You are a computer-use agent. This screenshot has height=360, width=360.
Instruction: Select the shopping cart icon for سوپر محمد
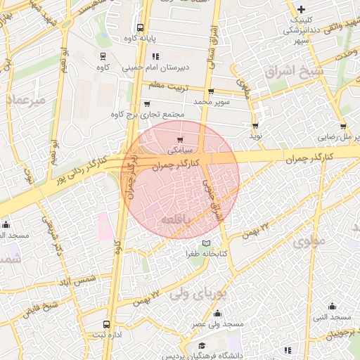pos(211,91)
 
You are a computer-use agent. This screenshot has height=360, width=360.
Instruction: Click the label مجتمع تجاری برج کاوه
pos(148,115)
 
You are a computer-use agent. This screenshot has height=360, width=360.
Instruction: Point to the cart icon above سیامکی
pos(181,139)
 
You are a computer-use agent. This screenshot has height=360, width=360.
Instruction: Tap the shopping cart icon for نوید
pos(255,126)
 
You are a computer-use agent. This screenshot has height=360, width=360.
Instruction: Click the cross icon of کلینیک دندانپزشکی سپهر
pos(302,9)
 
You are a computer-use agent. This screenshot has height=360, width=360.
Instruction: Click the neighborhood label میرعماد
pos(26,100)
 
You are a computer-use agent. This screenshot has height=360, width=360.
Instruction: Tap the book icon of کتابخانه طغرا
pos(206,243)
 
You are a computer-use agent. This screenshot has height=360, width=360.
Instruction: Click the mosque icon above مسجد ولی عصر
pos(217,314)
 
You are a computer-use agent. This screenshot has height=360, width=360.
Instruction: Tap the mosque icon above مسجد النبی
pos(333,306)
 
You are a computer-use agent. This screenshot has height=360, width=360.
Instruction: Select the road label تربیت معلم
pos(168,86)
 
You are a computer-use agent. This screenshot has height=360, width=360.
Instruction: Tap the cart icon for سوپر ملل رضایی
pos(343,127)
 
